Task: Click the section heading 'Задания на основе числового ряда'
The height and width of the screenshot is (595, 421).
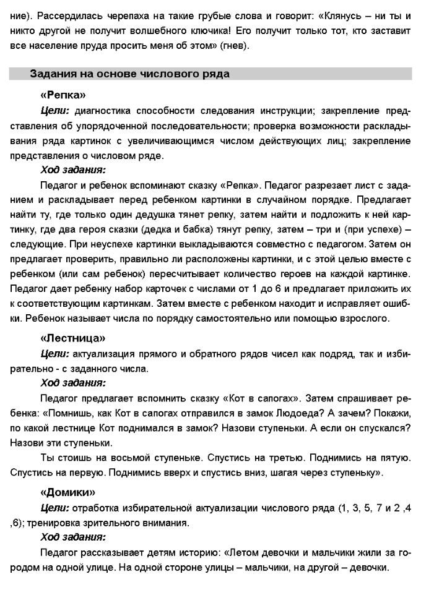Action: click(x=129, y=74)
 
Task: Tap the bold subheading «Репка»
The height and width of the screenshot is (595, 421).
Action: click(x=63, y=96)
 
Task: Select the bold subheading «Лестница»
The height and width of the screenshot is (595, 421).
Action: click(x=72, y=338)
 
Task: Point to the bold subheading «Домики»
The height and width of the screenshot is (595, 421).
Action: click(x=67, y=493)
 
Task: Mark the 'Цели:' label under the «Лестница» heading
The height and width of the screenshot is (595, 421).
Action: click(x=54, y=354)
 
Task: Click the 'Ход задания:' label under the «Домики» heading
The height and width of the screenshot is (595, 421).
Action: click(x=72, y=537)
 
